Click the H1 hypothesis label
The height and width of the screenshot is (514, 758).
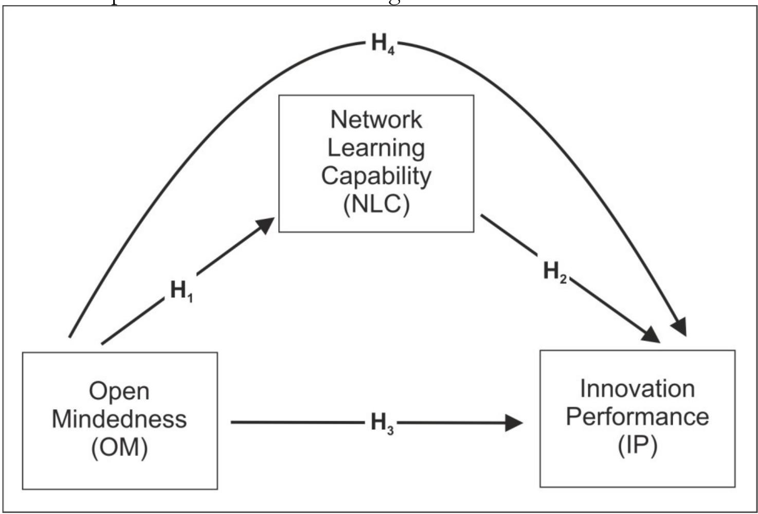click(181, 291)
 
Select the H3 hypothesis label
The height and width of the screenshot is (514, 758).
click(382, 423)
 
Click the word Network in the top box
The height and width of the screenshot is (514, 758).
click(376, 120)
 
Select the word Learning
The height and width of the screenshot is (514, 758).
click(376, 148)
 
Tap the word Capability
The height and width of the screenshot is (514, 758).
click(376, 176)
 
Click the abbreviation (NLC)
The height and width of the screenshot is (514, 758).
click(376, 204)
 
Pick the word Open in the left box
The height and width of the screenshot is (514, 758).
click(119, 391)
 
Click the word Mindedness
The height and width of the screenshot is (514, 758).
click(119, 419)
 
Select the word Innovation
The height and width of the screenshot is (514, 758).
click(637, 389)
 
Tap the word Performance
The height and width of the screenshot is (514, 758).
click(637, 416)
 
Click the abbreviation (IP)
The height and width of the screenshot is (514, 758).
click(637, 445)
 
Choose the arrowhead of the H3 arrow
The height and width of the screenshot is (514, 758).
click(514, 423)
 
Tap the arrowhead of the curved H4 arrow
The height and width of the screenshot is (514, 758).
click(680, 327)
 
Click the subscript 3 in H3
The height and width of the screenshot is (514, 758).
click(390, 430)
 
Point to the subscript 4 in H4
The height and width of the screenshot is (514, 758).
click(391, 50)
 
